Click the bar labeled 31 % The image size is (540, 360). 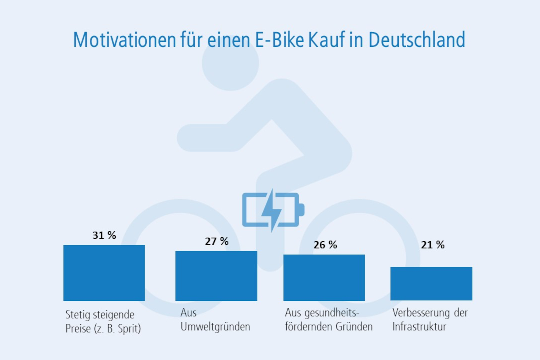(x=104, y=273)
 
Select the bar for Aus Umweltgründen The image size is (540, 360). (x=216, y=276)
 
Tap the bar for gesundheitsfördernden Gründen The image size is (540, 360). (x=324, y=278)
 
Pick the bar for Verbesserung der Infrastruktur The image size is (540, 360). (x=431, y=283)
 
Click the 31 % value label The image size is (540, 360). (x=104, y=235)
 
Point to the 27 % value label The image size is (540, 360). (x=217, y=241)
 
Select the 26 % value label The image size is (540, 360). (x=325, y=245)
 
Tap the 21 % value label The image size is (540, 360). (x=433, y=245)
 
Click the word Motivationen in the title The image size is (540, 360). (x=124, y=40)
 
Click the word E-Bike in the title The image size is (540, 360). (x=279, y=40)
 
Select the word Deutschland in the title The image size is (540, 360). (x=417, y=40)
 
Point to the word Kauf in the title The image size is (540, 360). (x=326, y=40)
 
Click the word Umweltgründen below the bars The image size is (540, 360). (x=215, y=327)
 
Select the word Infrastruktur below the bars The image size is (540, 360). (x=419, y=327)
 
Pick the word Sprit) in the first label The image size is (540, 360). (x=129, y=328)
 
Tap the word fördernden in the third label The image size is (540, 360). (x=305, y=327)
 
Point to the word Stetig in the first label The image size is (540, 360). (x=76, y=315)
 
